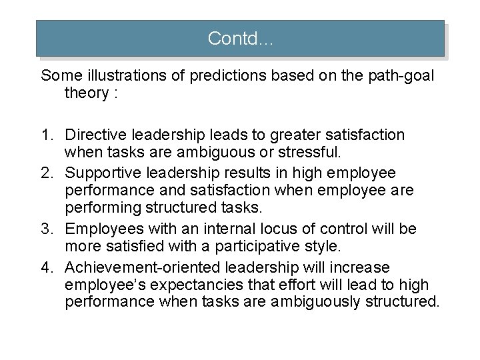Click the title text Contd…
(x=241, y=39)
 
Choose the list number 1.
(x=47, y=135)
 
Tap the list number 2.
(x=47, y=173)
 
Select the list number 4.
(x=47, y=267)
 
